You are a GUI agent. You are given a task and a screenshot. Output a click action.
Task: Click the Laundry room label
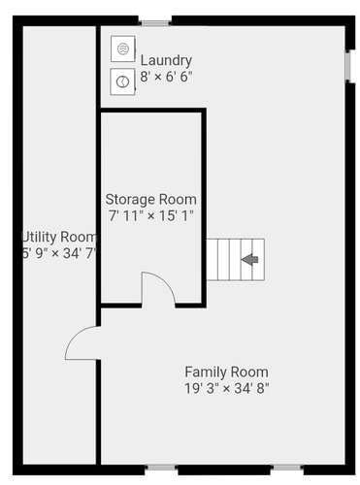(166, 61)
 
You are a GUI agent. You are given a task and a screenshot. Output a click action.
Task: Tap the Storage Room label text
(151, 200)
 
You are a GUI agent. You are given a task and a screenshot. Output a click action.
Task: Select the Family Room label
(226, 372)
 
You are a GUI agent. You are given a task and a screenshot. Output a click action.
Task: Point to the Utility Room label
(59, 237)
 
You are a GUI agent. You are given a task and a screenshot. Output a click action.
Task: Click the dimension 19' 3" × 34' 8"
(227, 388)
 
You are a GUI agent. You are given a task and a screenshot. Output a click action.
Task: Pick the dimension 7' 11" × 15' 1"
(151, 215)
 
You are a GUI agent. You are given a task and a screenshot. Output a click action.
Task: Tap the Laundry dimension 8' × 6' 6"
(166, 77)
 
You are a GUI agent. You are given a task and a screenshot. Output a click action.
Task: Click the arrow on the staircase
(249, 259)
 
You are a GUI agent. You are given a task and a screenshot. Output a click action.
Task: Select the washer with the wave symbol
(123, 48)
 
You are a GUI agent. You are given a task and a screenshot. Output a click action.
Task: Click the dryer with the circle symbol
(122, 81)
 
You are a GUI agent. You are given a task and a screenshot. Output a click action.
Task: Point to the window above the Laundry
(156, 23)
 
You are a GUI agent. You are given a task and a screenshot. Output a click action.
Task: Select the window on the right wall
(348, 66)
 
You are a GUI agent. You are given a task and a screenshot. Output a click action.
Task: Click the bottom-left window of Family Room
(161, 468)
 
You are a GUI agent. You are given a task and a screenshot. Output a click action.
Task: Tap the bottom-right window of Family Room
(287, 468)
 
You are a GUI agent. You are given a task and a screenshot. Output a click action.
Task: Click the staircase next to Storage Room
(236, 260)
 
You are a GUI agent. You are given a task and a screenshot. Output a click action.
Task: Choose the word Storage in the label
(130, 200)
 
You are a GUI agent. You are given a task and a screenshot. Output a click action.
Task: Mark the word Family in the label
(206, 372)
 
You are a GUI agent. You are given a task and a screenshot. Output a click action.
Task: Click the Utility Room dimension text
(59, 253)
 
